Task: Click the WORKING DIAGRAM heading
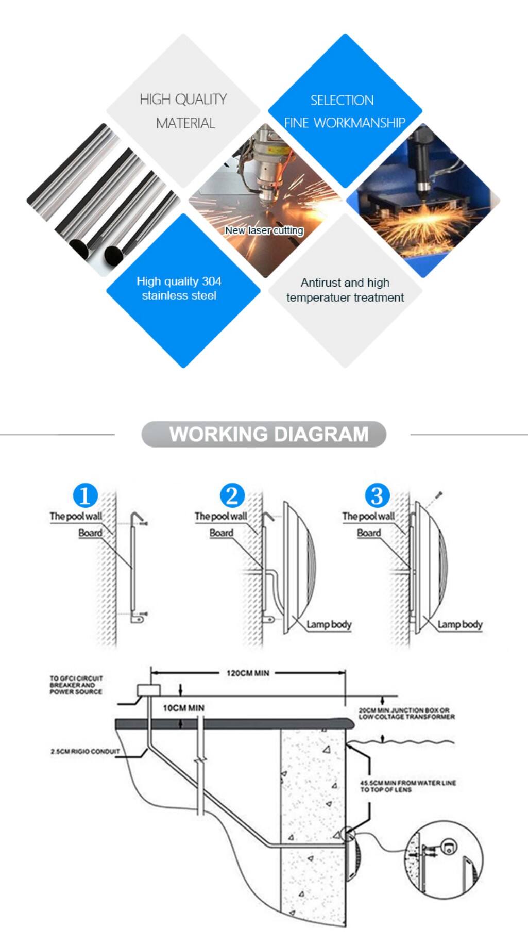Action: [x=268, y=434]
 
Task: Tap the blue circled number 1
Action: [x=85, y=495]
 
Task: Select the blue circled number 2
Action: [x=232, y=495]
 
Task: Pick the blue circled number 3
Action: [x=377, y=495]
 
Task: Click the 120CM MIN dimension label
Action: [x=248, y=673]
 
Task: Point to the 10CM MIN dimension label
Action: [x=183, y=708]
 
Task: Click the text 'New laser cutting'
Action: [x=264, y=230]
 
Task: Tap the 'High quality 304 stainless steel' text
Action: [x=179, y=288]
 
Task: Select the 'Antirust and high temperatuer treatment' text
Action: [x=345, y=290]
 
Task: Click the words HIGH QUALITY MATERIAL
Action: [x=184, y=111]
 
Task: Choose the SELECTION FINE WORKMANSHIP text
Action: [x=344, y=111]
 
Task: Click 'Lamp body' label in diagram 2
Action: [x=329, y=624]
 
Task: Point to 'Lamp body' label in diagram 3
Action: [x=460, y=624]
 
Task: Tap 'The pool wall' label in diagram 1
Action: [x=76, y=516]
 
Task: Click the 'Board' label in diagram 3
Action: [x=369, y=533]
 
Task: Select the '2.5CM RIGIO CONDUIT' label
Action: [x=85, y=751]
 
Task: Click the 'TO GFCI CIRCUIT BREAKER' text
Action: [x=76, y=685]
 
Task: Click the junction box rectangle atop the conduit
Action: [x=148, y=690]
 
